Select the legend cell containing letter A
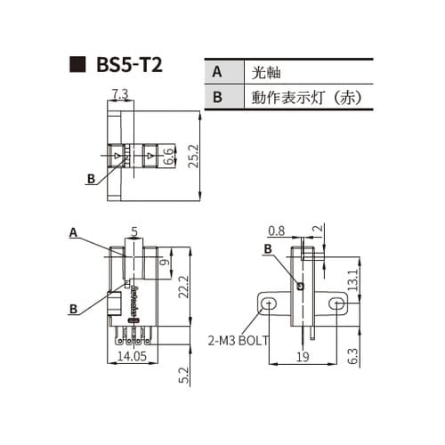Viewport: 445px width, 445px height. [216, 72]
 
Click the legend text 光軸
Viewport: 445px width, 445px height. [268, 72]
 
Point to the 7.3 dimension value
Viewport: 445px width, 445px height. [120, 94]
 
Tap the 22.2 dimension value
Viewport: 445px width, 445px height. [182, 287]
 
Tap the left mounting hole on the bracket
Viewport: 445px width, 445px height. [269, 305]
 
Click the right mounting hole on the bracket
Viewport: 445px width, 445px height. [336, 305]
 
